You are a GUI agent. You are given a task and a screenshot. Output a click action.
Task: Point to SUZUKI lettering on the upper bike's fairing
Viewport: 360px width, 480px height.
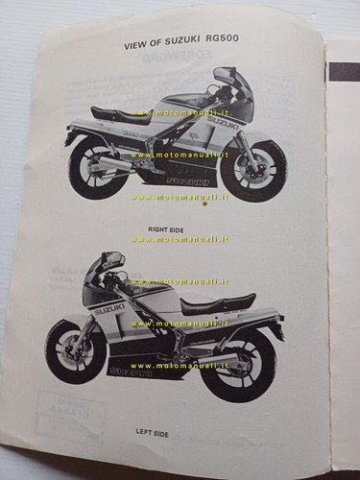pos(219,123)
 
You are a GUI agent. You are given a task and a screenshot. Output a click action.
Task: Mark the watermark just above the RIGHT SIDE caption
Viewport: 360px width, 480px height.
pos(178,198)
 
